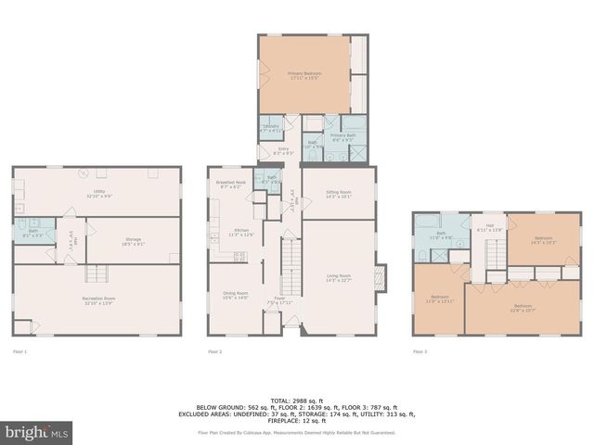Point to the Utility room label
pyautogui.click(x=98, y=194)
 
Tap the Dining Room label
pyautogui.click(x=236, y=296)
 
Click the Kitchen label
pyautogui.click(x=241, y=232)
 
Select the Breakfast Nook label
pyautogui.click(x=230, y=184)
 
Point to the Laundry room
pyautogui.click(x=271, y=129)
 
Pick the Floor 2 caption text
pyautogui.click(x=214, y=351)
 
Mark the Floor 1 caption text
pyautogui.click(x=19, y=351)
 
